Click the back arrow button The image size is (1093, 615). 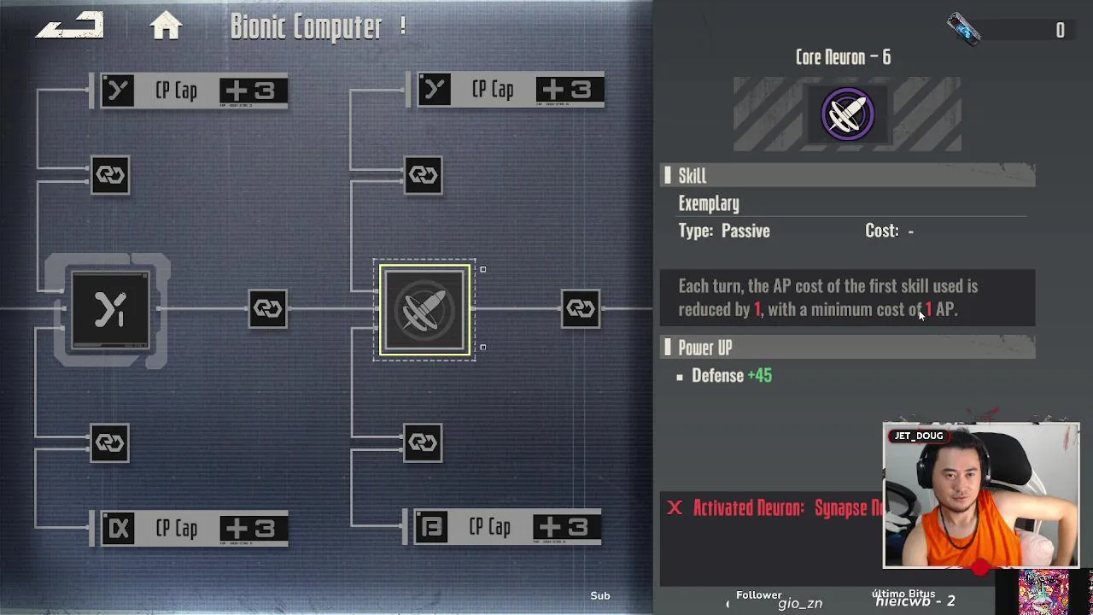pyautogui.click(x=69, y=26)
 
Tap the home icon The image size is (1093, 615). pyautogui.click(x=166, y=26)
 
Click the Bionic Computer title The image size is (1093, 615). pyautogui.click(x=306, y=27)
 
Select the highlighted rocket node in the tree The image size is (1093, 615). pyautogui.click(x=424, y=309)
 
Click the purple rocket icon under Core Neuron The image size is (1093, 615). pyautogui.click(x=847, y=114)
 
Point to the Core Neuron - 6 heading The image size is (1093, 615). pyautogui.click(x=843, y=57)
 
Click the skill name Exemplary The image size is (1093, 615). pyautogui.click(x=709, y=203)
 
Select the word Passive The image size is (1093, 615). pyautogui.click(x=745, y=231)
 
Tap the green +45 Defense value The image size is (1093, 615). pyautogui.click(x=759, y=376)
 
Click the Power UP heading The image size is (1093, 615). pyautogui.click(x=704, y=348)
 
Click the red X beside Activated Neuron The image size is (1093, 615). pyautogui.click(x=675, y=508)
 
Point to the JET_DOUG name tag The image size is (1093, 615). pyautogui.click(x=918, y=436)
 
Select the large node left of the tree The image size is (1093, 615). pyautogui.click(x=110, y=310)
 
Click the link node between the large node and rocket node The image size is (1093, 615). pyautogui.click(x=267, y=308)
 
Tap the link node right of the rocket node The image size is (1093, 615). pyautogui.click(x=580, y=308)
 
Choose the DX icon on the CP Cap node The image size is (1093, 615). pyautogui.click(x=118, y=529)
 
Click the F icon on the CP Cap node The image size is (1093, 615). pyautogui.click(x=431, y=528)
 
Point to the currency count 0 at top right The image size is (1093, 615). pyautogui.click(x=1060, y=31)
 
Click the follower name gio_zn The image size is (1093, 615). pyautogui.click(x=800, y=604)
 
